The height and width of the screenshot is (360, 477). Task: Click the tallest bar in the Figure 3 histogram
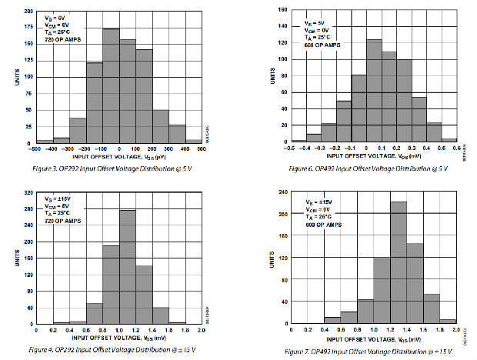[111, 85]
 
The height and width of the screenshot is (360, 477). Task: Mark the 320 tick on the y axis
[28, 194]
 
